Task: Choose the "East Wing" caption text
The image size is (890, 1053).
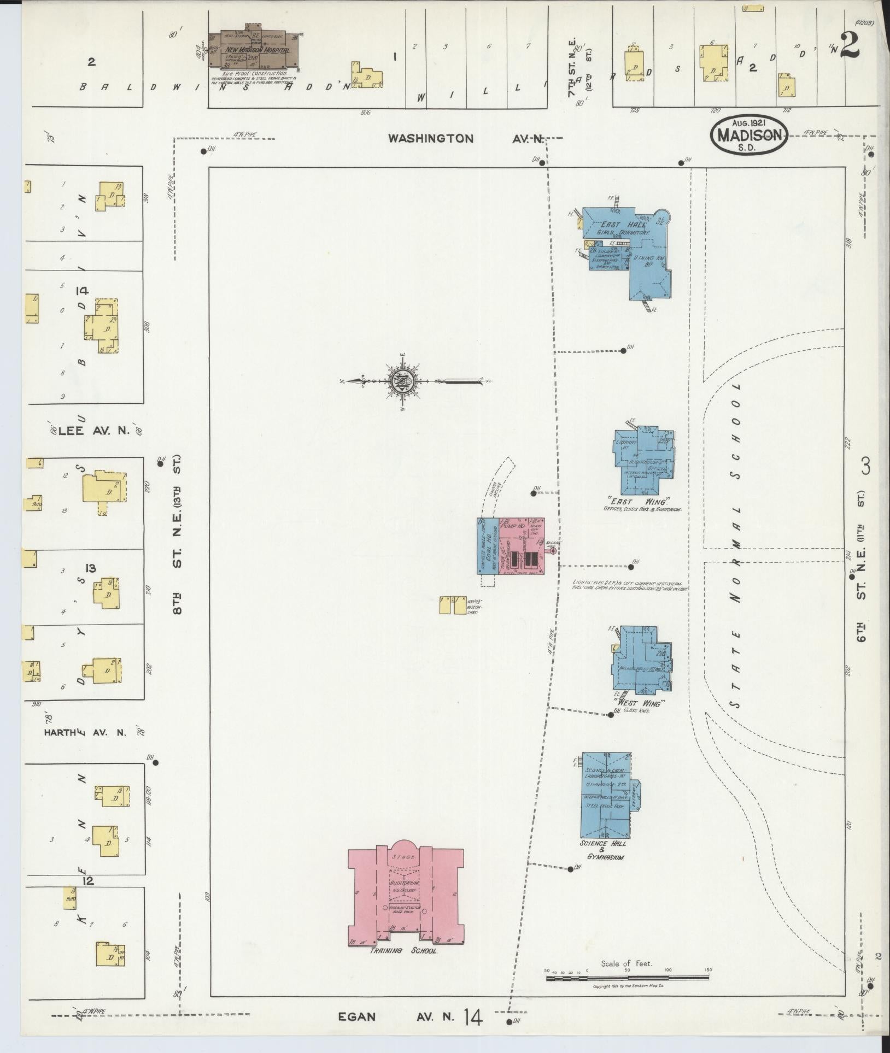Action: pyautogui.click(x=637, y=502)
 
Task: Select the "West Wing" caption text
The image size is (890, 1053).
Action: pyautogui.click(x=637, y=704)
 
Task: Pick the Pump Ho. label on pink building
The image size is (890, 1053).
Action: pyautogui.click(x=514, y=526)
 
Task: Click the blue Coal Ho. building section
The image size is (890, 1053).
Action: pyautogui.click(x=487, y=552)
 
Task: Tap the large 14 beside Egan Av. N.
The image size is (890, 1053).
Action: pyautogui.click(x=473, y=1017)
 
